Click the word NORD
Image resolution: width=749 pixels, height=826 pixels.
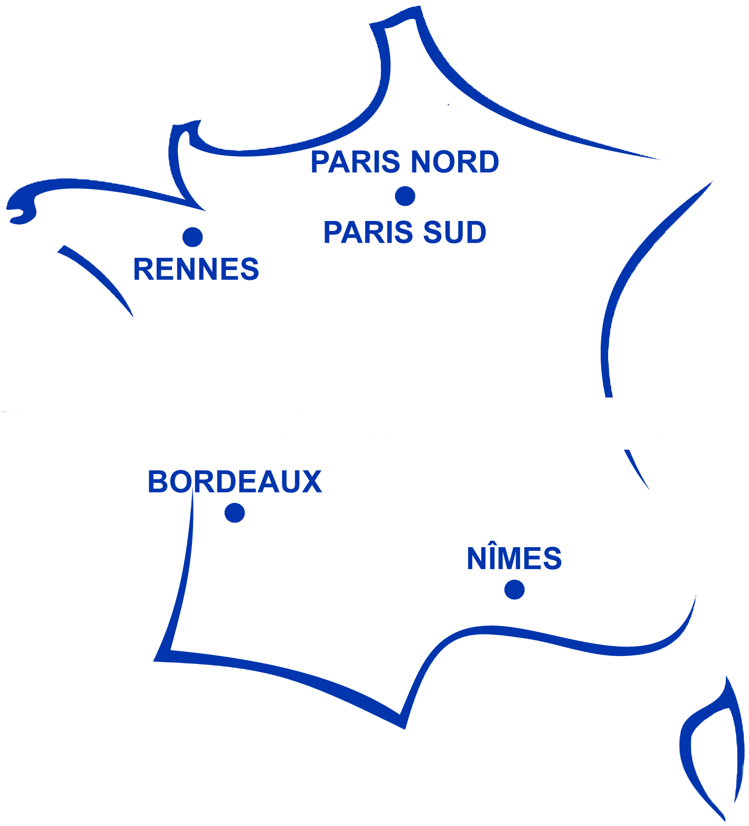[454, 162]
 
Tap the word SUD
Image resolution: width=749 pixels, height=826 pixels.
[455, 233]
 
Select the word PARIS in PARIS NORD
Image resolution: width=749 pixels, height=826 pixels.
[355, 162]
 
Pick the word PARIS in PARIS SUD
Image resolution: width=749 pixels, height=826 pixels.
[368, 233]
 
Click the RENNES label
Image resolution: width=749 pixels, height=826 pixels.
[196, 269]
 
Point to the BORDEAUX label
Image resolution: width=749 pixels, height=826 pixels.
[235, 481]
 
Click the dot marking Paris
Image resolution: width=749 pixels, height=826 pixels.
[405, 196]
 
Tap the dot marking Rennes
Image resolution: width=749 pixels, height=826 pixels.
[193, 237]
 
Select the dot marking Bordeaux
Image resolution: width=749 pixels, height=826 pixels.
[235, 513]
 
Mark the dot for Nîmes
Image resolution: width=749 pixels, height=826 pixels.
[514, 590]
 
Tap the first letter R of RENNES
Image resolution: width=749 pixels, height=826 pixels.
[144, 269]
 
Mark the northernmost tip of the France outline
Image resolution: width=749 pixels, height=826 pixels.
[418, 8]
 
